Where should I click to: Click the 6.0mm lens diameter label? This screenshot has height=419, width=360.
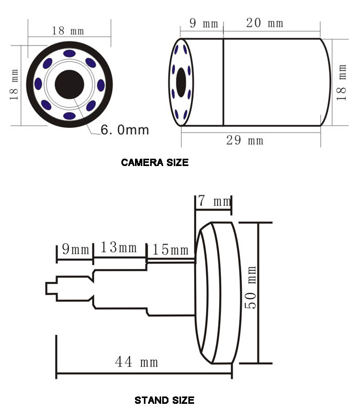click(x=125, y=129)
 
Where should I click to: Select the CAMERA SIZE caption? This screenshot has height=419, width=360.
click(x=154, y=162)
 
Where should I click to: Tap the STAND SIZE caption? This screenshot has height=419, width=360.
click(x=164, y=401)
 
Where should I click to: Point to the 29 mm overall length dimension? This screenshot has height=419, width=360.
click(x=244, y=140)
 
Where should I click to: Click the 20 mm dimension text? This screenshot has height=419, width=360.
click(x=264, y=23)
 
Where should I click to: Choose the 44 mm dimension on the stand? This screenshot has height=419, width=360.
click(x=137, y=362)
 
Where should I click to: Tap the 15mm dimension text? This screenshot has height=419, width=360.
click(x=171, y=250)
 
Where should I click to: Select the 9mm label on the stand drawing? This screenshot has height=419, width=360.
click(x=75, y=249)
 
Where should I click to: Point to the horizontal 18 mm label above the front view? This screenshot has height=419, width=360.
click(x=69, y=30)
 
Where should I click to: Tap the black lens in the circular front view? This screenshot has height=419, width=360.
click(x=69, y=84)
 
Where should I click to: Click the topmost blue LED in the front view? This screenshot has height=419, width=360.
click(x=69, y=53)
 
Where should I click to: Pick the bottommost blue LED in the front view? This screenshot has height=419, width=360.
click(x=69, y=116)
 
